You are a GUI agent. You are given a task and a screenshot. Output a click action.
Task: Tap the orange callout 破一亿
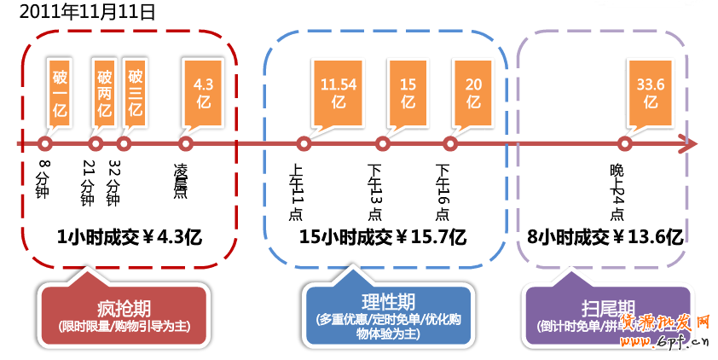tap(61, 93)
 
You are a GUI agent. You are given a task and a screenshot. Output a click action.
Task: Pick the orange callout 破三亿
tap(136, 89)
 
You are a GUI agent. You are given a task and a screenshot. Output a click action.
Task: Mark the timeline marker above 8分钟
tap(44, 144)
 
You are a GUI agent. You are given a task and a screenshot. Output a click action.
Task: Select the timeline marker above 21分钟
tap(96, 144)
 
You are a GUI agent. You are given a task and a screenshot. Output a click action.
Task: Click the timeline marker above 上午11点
tap(303, 144)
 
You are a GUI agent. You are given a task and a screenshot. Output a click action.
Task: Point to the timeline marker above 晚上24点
tap(625, 144)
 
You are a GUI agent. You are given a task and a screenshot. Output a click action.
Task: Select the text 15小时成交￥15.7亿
tap(383, 236)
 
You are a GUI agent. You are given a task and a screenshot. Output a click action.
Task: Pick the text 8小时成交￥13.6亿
tap(605, 236)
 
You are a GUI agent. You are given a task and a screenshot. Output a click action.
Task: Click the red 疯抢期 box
tap(124, 316)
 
